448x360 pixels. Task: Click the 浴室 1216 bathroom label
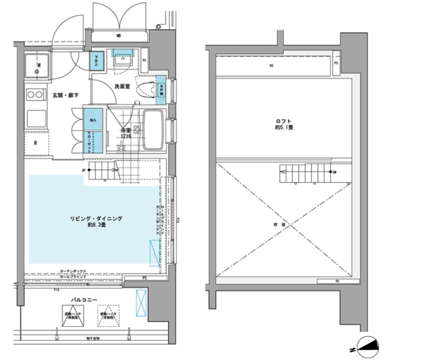(125, 133)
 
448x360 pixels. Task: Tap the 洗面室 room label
(122, 88)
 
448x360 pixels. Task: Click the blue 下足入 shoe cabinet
(96, 61)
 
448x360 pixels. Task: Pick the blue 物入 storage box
(93, 120)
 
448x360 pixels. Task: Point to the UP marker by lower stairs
(83, 170)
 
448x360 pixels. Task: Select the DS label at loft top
(271, 66)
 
